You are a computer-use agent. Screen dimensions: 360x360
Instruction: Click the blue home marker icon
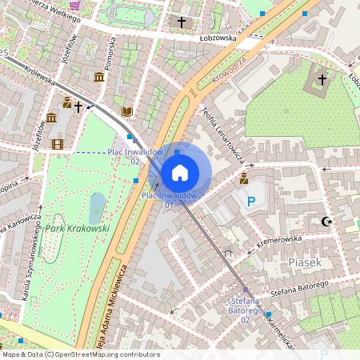[179, 173]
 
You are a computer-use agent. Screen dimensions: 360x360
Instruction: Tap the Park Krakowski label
[77, 229]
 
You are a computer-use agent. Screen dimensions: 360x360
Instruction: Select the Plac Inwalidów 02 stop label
[135, 156]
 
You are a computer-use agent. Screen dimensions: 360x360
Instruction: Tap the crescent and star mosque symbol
[326, 221]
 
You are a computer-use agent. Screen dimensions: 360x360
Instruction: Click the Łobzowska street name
[220, 38]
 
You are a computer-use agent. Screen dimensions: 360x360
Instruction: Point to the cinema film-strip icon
[57, 144]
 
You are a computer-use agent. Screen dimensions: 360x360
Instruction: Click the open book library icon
[126, 111]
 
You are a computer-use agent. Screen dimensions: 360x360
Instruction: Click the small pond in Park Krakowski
[96, 208]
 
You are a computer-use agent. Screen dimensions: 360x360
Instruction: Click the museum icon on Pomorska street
[99, 77]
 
